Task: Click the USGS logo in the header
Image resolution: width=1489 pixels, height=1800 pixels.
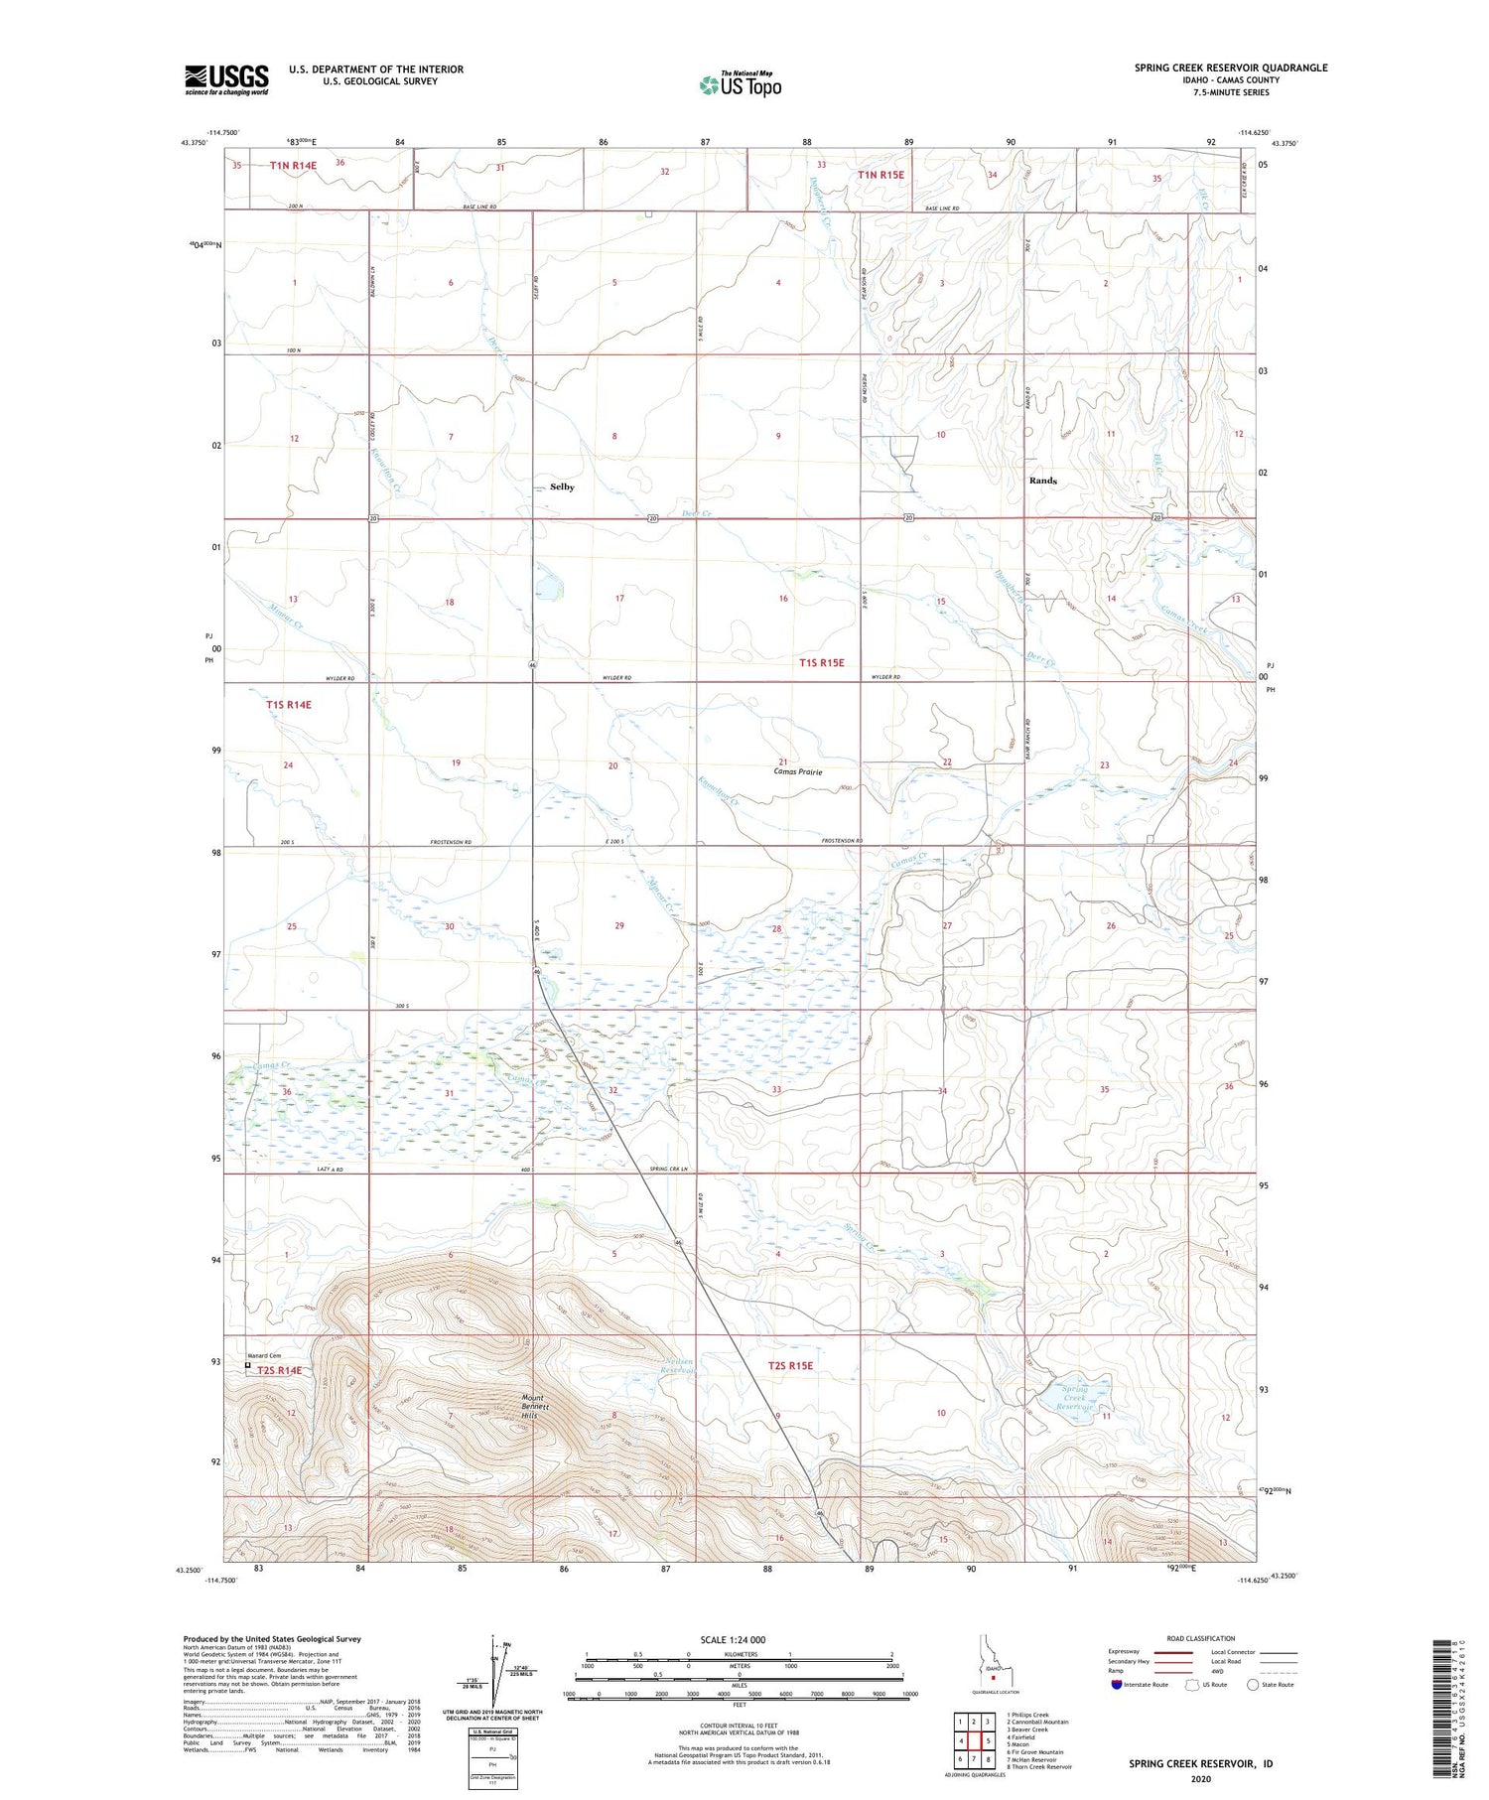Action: [x=226, y=79]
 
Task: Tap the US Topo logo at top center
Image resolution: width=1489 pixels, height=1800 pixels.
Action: [x=740, y=85]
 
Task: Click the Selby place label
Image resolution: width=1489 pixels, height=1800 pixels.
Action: [x=562, y=487]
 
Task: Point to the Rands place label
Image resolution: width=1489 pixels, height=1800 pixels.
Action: [x=1042, y=481]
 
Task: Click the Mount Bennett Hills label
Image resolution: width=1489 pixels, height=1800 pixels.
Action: [x=534, y=1407]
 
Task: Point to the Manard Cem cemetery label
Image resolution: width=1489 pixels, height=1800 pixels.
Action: [x=263, y=1356]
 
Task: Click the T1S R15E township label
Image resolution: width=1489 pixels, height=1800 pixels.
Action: [x=822, y=662]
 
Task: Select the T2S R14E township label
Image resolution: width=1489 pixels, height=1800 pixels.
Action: [x=279, y=1371]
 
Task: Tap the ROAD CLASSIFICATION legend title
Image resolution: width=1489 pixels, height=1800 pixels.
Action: [x=1201, y=1638]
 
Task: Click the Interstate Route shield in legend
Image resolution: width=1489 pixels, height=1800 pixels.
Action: [x=1117, y=1685]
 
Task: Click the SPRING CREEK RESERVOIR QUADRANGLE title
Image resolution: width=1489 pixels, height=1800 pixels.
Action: [x=1231, y=68]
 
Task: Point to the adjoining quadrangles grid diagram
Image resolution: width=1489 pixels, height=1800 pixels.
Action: [x=974, y=1741]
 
